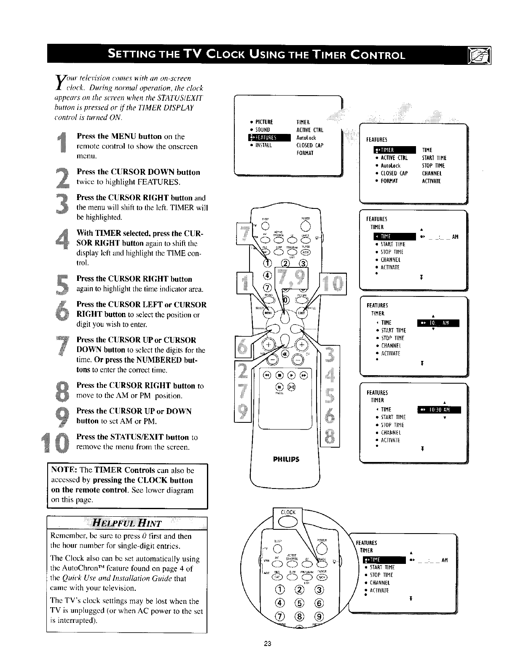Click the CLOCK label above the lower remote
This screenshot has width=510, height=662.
point(288,513)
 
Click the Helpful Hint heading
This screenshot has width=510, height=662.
point(127,523)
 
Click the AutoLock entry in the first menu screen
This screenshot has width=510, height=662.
point(306,138)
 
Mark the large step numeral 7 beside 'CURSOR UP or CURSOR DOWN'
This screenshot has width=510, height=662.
point(63,348)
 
